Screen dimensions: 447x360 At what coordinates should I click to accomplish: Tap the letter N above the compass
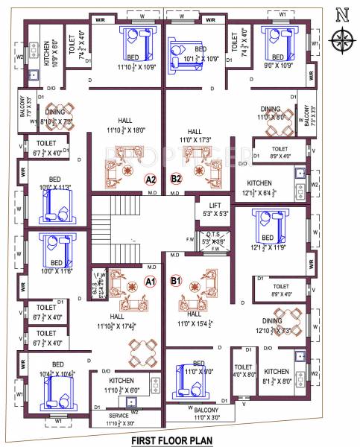tap(342, 13)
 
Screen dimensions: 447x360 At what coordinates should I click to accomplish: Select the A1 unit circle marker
tap(149, 282)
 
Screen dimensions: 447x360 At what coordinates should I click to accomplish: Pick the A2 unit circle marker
tap(150, 179)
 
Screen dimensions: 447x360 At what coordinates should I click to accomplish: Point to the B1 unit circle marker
tap(176, 281)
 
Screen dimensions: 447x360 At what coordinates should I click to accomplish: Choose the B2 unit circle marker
tap(177, 179)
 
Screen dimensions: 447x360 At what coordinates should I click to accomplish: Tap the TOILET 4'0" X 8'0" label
tap(243, 370)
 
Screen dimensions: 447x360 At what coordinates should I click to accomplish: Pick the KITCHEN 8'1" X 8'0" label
tap(277, 374)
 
